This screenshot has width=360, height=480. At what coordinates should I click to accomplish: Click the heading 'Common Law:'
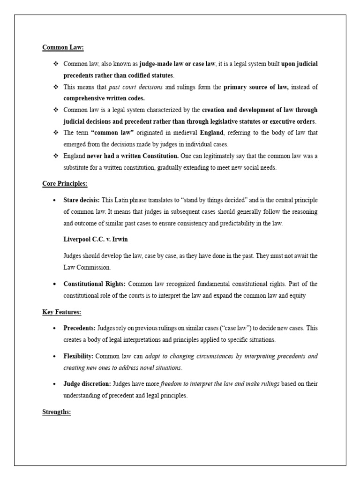point(63,47)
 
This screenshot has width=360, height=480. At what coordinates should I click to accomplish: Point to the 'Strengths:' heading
point(56,412)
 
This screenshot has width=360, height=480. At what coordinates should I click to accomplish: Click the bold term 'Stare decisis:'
point(81,200)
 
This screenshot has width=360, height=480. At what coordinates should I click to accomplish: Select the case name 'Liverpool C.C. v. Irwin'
point(96,240)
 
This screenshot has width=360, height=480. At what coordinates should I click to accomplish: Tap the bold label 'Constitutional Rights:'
point(94,284)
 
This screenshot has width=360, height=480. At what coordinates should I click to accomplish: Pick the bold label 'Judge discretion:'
point(87,384)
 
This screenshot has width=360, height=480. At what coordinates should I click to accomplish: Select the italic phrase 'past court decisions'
point(135,87)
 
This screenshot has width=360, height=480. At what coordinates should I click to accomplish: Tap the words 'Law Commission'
point(86,268)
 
